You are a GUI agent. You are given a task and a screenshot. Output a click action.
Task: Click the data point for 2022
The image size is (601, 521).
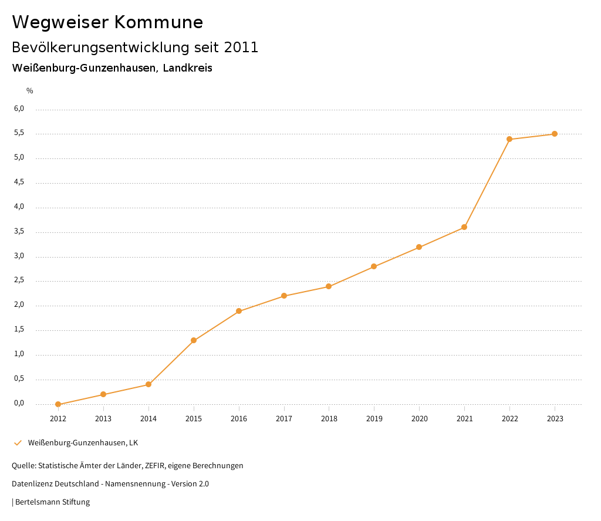pyautogui.click(x=509, y=139)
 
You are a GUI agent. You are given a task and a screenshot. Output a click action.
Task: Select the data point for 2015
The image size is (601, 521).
pyautogui.click(x=194, y=340)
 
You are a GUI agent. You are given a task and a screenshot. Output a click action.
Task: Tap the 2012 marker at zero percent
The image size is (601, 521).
pyautogui.click(x=58, y=404)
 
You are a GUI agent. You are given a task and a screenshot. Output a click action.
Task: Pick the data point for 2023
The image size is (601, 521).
pyautogui.click(x=555, y=134)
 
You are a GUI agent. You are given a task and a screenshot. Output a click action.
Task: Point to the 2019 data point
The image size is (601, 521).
pyautogui.click(x=374, y=267)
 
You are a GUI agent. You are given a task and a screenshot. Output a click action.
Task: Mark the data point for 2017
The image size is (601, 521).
pyautogui.click(x=284, y=296)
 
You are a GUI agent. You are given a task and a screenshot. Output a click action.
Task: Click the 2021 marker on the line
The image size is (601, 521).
pyautogui.click(x=464, y=227)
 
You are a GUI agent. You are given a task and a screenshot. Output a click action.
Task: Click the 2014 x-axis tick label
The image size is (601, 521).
pyautogui.click(x=148, y=419)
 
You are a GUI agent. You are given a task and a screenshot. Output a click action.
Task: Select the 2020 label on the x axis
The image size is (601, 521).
pyautogui.click(x=419, y=419)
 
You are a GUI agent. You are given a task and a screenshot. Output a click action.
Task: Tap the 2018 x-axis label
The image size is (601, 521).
pyautogui.click(x=329, y=419)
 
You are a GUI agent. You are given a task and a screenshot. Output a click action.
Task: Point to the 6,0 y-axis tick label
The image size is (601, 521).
pyautogui.click(x=19, y=109)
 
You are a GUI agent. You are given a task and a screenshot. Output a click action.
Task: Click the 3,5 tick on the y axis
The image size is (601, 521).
pyautogui.click(x=19, y=231)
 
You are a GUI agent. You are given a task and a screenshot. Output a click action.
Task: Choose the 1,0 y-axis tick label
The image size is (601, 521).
pyautogui.click(x=19, y=354)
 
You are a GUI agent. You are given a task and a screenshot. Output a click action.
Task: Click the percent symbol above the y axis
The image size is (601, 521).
pyautogui.click(x=30, y=91)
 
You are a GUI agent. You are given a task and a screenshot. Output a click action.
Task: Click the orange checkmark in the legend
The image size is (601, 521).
pyautogui.click(x=18, y=442)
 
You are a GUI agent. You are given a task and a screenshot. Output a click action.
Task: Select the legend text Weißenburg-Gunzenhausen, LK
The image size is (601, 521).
pyautogui.click(x=83, y=442)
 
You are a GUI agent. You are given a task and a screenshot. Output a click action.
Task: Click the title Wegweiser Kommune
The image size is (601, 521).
pyautogui.click(x=107, y=22)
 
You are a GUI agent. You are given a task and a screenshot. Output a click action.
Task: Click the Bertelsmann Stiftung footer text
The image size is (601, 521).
pyautogui.click(x=52, y=502)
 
